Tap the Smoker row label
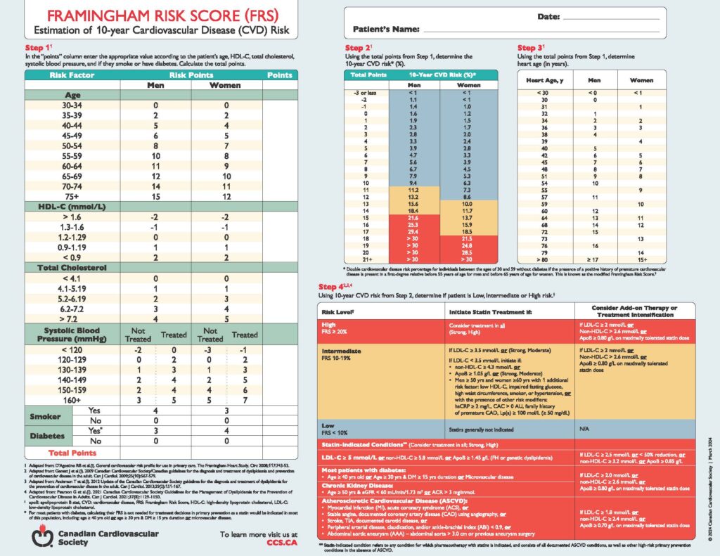click(x=44, y=415)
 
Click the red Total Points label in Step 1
click(x=72, y=453)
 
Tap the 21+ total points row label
click(x=359, y=259)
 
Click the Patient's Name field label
click(x=382, y=30)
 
